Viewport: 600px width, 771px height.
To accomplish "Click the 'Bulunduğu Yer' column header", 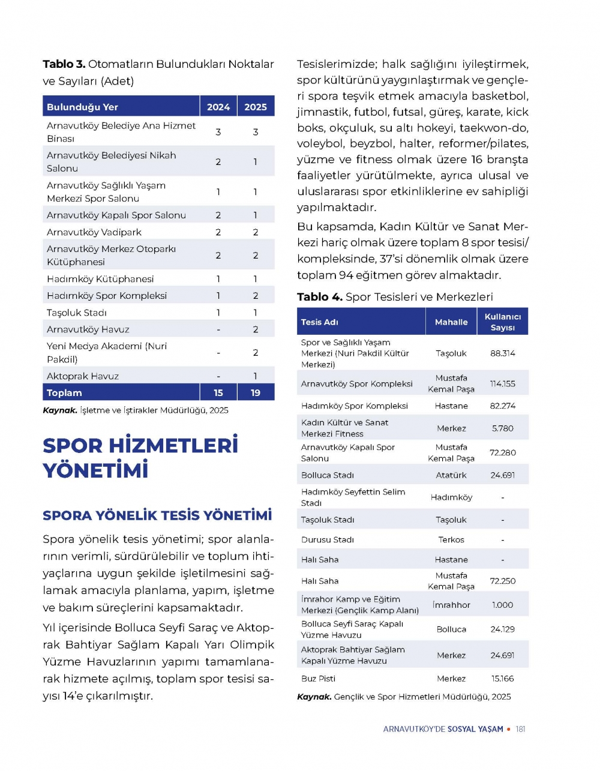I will pyautogui.click(x=82, y=107).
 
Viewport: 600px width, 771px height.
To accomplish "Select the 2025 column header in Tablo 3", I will pyautogui.click(x=256, y=107).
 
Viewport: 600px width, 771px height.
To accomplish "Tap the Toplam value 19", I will pyautogui.click(x=256, y=393).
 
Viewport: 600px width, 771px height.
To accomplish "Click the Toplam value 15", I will pyautogui.click(x=218, y=393).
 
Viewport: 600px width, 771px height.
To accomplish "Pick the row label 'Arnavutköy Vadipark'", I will pyautogui.click(x=94, y=232).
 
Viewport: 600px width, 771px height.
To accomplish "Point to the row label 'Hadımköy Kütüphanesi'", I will pyautogui.click(x=100, y=279).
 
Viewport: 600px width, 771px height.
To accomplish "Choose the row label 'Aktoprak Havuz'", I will pyautogui.click(x=83, y=376).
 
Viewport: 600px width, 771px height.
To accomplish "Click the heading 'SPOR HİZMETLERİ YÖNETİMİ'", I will pyautogui.click(x=140, y=457).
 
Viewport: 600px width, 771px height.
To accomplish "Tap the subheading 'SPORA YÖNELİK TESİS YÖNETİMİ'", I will pyautogui.click(x=157, y=515).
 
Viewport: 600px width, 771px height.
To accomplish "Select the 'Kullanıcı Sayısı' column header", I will pyautogui.click(x=503, y=322).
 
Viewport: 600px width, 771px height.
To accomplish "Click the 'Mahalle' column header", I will pyautogui.click(x=451, y=322).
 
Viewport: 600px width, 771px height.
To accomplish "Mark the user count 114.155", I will pyautogui.click(x=503, y=384).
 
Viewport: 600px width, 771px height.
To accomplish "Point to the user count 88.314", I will pyautogui.click(x=503, y=353).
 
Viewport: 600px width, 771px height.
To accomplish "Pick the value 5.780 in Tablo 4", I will pyautogui.click(x=503, y=428).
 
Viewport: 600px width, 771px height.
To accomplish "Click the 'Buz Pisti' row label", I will pyautogui.click(x=318, y=679).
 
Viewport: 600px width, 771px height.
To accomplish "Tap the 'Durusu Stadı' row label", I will pyautogui.click(x=328, y=540).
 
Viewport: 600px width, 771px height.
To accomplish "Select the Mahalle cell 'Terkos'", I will pyautogui.click(x=451, y=540).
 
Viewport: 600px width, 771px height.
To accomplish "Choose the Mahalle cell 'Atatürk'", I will pyautogui.click(x=451, y=475).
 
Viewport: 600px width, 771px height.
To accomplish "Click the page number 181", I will pyautogui.click(x=520, y=730).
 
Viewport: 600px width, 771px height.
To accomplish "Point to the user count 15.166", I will pyautogui.click(x=503, y=679).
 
